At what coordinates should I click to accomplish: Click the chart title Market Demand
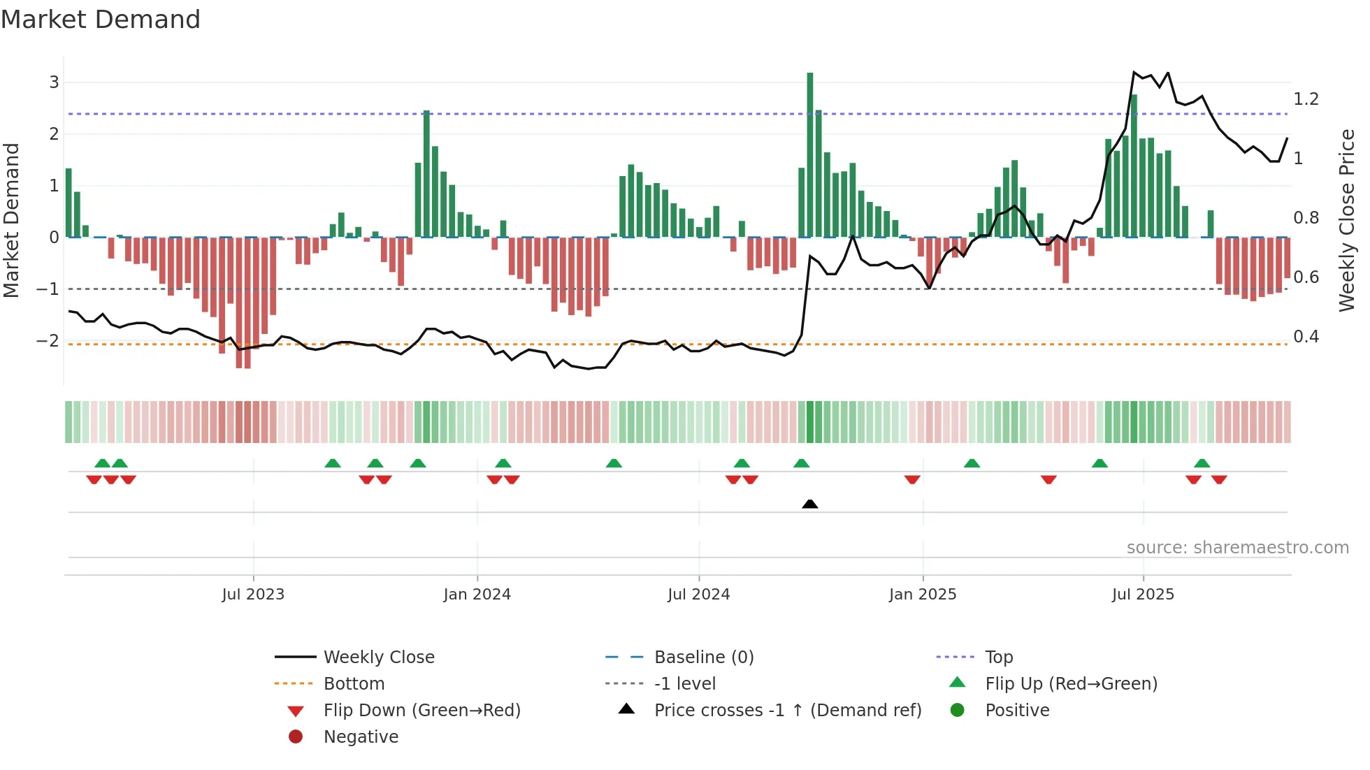pyautogui.click(x=101, y=20)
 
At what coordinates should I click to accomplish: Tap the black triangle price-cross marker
pyautogui.click(x=809, y=504)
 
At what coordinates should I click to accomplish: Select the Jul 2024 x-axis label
pyautogui.click(x=698, y=595)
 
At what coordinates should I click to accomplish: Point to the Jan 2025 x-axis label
pyautogui.click(x=922, y=595)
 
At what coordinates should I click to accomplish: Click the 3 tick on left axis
pyautogui.click(x=54, y=82)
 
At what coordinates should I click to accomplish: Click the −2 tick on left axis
pyautogui.click(x=48, y=341)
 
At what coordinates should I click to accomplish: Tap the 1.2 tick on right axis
pyautogui.click(x=1306, y=99)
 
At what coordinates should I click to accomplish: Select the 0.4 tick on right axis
pyautogui.click(x=1306, y=337)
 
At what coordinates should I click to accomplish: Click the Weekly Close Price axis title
pyautogui.click(x=1346, y=220)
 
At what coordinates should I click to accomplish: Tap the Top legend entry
pyautogui.click(x=998, y=658)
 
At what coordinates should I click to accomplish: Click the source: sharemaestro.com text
pyautogui.click(x=1237, y=548)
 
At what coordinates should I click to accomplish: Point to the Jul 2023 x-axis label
pyautogui.click(x=253, y=595)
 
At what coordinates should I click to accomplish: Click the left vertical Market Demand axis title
pyautogui.click(x=12, y=220)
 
